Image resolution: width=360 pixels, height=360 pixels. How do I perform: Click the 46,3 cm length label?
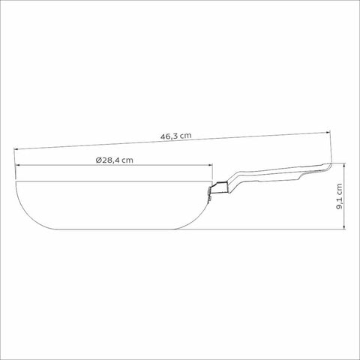point(176,136)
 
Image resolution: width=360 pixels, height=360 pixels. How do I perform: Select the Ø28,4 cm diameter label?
point(114,160)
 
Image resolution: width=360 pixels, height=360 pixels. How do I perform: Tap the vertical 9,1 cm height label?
point(339,196)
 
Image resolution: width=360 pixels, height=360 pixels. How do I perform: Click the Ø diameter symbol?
point(98,160)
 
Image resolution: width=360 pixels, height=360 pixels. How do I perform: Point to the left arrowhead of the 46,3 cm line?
point(16,149)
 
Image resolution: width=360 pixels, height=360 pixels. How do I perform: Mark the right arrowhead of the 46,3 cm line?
point(328,132)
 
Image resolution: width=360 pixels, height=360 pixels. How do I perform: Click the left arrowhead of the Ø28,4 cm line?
point(18,165)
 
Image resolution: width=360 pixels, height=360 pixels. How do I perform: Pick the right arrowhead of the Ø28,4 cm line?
point(210,165)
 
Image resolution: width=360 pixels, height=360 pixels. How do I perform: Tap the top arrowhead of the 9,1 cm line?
point(345,165)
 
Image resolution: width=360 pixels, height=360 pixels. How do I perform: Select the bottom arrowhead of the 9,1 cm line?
point(345,226)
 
